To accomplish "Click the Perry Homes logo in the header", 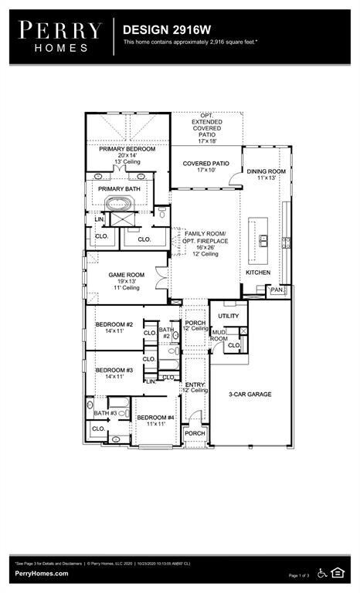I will coord(60,36).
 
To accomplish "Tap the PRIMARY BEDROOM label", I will coord(127,148).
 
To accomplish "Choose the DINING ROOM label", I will coord(266,171).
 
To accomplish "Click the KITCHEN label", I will coord(258,273).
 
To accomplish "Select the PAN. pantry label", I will coord(277,290).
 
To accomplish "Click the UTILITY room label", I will coord(229,316).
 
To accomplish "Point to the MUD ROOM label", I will coord(219,335).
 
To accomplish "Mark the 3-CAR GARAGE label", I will coord(250,395).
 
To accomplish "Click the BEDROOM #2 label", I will coord(114,324).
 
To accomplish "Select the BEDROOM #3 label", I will coord(114,371).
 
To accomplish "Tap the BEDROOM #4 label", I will coord(156,418).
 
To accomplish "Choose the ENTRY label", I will coord(195,385).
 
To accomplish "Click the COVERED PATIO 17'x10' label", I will coord(205,164).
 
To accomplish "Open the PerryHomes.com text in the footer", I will coord(41,574).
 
